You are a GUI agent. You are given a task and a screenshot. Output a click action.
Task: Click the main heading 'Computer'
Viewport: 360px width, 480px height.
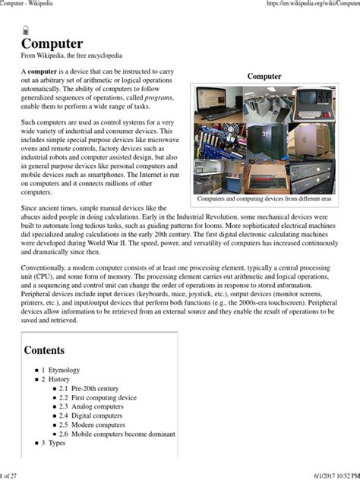pos(52,43)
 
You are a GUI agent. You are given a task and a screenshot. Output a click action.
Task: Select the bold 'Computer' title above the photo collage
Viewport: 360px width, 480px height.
pos(264,76)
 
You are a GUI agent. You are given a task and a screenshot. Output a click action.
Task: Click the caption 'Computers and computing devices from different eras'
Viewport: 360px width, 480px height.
pos(264,199)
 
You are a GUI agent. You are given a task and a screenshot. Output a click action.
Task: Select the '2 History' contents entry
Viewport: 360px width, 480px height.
pos(62,379)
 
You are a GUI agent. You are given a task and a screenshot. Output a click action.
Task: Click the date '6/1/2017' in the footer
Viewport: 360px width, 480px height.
pos(308,475)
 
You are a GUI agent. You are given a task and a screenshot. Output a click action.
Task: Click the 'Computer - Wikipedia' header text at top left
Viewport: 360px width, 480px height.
pos(31,5)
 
